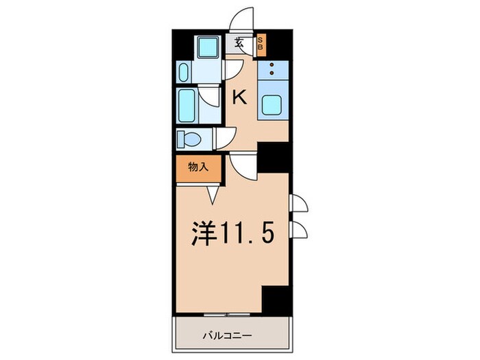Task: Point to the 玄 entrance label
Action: (239, 42)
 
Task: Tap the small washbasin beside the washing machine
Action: (183, 71)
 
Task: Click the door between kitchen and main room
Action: (242, 163)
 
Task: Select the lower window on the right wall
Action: (300, 229)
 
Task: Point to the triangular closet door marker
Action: (212, 196)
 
